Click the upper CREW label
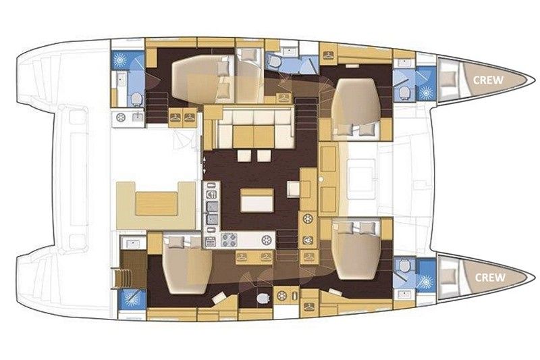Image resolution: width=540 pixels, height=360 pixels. [x=488, y=80]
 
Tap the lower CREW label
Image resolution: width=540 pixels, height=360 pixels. [x=491, y=278]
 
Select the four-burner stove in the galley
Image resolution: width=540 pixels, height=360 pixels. [x=229, y=240]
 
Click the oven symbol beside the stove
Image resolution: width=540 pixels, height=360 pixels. [x=211, y=242]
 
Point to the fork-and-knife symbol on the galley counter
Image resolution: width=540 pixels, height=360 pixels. [x=211, y=195]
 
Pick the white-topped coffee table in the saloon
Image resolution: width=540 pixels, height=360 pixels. [x=257, y=200]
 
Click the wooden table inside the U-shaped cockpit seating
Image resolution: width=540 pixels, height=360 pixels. [x=157, y=204]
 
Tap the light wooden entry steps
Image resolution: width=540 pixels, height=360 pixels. [x=119, y=278]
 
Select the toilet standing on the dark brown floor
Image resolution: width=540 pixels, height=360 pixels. [x=263, y=298]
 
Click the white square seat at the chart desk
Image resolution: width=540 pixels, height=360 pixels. [x=294, y=189]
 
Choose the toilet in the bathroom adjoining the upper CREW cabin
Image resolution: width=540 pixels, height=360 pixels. [x=404, y=93]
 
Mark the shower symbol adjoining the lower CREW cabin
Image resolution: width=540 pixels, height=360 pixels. [x=427, y=282]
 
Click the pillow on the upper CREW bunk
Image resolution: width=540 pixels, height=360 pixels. [x=448, y=79]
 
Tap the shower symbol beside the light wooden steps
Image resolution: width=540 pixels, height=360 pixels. [x=131, y=299]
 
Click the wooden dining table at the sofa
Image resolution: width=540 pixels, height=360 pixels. [x=254, y=136]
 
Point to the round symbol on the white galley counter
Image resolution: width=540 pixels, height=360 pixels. [x=266, y=240]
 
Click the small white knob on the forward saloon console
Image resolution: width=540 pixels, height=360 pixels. [x=321, y=180]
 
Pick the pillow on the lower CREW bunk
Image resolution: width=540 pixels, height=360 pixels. [x=448, y=276]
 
